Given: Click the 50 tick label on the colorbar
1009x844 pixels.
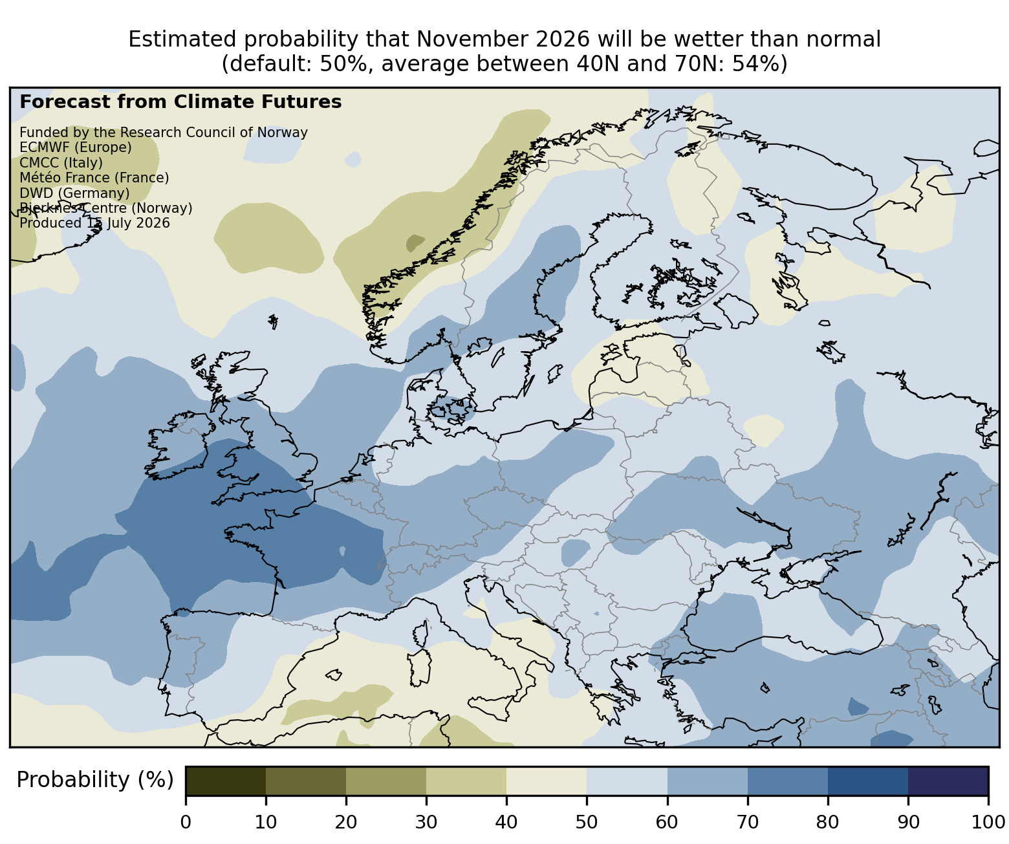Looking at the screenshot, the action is pyautogui.click(x=587, y=822).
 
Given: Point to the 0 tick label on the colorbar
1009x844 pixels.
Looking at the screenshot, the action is pyautogui.click(x=186, y=822).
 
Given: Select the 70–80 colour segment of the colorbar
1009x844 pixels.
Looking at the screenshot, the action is pyautogui.click(x=788, y=781).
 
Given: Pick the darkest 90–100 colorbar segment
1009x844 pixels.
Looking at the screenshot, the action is pyautogui.click(x=948, y=781).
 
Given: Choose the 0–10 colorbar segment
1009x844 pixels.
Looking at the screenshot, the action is pyautogui.click(x=226, y=781).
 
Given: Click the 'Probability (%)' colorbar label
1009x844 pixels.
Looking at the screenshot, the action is pyautogui.click(x=95, y=780).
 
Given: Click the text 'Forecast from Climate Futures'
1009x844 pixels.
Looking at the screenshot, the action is pyautogui.click(x=180, y=102).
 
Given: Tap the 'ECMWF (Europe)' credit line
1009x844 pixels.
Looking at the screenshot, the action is pyautogui.click(x=76, y=147).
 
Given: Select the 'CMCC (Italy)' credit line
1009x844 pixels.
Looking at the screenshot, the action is pyautogui.click(x=61, y=163).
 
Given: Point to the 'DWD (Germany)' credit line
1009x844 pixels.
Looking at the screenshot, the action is pyautogui.click(x=74, y=193).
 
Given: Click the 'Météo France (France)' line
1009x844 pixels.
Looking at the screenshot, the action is pyautogui.click(x=94, y=178).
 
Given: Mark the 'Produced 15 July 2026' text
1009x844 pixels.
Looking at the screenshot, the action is pyautogui.click(x=94, y=223).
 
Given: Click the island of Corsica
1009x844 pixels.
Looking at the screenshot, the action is pyautogui.click(x=422, y=634).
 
